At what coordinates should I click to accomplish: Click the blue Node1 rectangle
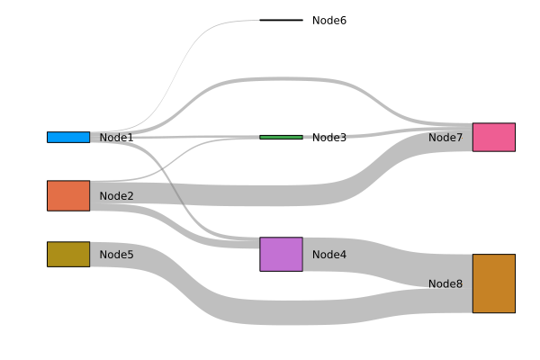coord(68,137)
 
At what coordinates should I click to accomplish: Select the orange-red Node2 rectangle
coord(68,195)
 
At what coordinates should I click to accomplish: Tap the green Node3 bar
coord(281,137)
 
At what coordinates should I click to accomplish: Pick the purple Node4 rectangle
coord(281,254)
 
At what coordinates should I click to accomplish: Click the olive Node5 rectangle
coord(68,254)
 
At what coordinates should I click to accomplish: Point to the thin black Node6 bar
coord(281,20)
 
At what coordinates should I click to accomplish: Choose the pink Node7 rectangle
coord(493,137)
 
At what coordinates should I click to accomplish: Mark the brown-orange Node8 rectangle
coord(493,283)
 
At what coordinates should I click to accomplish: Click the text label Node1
coord(116,138)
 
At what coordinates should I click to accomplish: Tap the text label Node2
coord(116,196)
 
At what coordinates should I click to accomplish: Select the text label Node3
coord(328,138)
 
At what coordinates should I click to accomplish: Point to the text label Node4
coord(328,255)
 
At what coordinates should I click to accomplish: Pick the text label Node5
coord(116,255)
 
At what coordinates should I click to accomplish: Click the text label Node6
coord(328,21)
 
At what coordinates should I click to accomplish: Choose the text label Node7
coord(445,138)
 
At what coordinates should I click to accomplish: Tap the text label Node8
coord(445,283)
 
